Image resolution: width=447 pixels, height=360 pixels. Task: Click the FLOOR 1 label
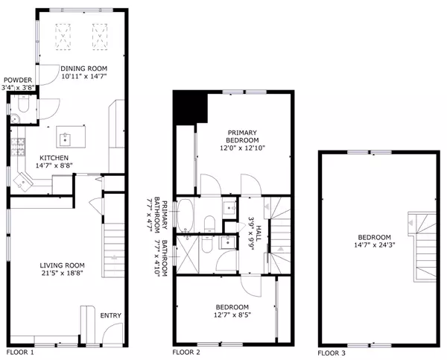click(x=20, y=353)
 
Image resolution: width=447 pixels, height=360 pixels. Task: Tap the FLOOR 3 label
click(x=332, y=353)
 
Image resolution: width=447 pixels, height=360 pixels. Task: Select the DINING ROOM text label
click(x=83, y=69)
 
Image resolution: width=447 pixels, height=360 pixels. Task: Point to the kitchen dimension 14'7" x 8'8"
click(x=54, y=165)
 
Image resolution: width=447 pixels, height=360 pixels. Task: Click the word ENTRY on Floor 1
click(x=111, y=315)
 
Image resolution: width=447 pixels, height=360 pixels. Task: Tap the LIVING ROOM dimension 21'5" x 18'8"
click(x=62, y=273)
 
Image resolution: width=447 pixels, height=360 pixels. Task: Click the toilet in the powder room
click(x=23, y=104)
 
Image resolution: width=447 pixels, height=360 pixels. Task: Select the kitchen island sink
click(x=66, y=139)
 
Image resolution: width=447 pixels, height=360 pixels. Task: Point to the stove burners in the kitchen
click(x=18, y=147)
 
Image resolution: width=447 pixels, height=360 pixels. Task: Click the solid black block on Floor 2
click(x=190, y=107)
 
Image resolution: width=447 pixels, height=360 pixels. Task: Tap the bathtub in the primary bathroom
click(x=185, y=215)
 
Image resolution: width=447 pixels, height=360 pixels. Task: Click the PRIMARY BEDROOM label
click(x=242, y=136)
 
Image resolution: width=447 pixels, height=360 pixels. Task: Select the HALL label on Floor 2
click(x=259, y=233)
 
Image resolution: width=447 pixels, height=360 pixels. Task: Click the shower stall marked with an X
click(x=187, y=254)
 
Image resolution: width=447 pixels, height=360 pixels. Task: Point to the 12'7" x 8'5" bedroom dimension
click(x=232, y=315)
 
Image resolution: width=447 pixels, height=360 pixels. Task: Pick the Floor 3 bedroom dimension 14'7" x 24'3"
click(x=374, y=244)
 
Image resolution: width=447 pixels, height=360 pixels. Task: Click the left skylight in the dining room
click(x=63, y=37)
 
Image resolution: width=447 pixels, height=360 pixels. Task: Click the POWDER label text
click(x=18, y=80)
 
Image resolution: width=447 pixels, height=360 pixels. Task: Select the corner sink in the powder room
click(x=14, y=119)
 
